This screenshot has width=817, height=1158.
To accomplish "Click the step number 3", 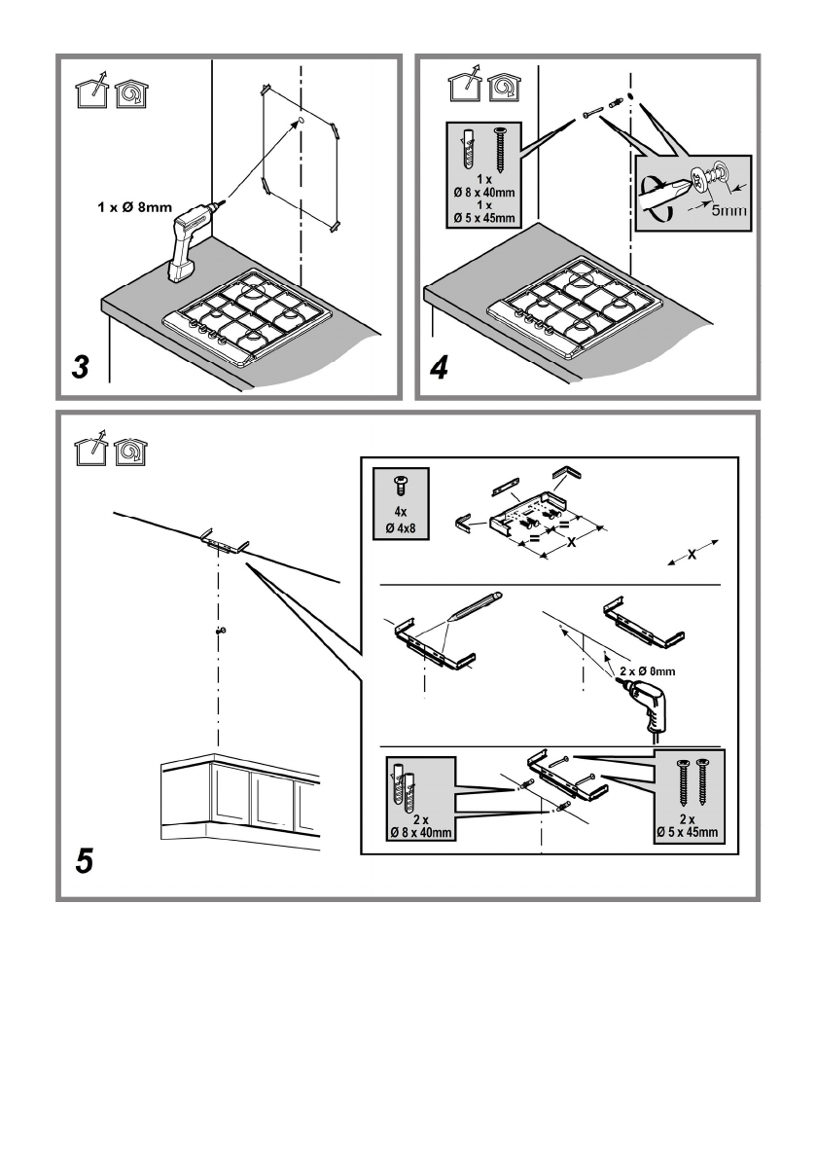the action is click(81, 367).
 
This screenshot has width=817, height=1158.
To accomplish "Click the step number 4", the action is click(439, 367).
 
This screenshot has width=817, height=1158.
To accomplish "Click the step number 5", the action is click(85, 860).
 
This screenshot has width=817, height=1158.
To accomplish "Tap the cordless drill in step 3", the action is click(191, 237).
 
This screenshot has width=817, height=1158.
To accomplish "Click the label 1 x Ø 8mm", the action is click(135, 207).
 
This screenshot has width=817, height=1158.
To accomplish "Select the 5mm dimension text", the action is click(729, 210).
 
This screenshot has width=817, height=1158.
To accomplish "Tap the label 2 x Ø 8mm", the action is click(647, 671).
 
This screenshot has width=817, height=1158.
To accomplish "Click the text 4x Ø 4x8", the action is click(401, 520).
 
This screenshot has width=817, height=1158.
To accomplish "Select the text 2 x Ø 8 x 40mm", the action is click(421, 826).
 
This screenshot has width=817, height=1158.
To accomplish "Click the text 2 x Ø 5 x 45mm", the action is click(687, 826).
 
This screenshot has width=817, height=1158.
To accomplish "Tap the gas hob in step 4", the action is click(571, 307).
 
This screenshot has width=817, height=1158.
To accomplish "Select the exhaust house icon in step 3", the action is click(93, 91).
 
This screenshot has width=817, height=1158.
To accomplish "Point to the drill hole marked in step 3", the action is click(302, 121).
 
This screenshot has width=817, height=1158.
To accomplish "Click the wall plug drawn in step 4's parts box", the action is click(468, 149).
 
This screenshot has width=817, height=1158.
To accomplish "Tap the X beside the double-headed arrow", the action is click(692, 555).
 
